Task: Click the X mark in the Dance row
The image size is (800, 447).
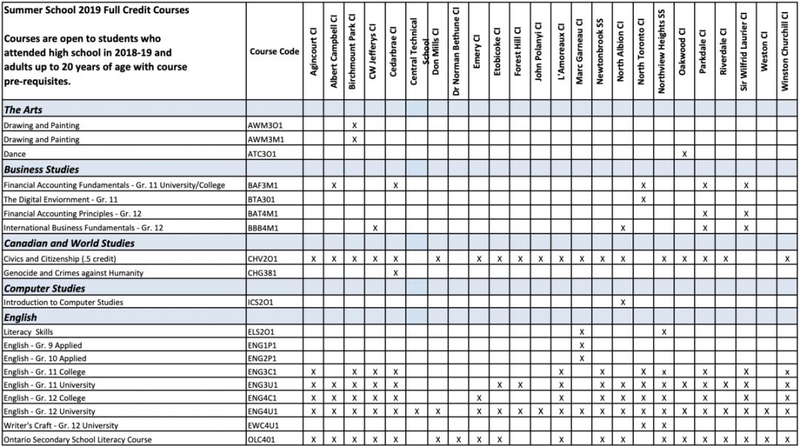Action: pyautogui.click(x=684, y=153)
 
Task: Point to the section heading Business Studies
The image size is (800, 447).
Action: pyautogui.click(x=41, y=169)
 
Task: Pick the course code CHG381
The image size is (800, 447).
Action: pyautogui.click(x=264, y=273)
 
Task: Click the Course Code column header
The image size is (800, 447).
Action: pyautogui.click(x=274, y=52)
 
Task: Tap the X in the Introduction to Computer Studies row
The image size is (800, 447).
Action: pyautogui.click(x=623, y=302)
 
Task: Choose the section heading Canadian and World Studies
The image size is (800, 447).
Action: pyautogui.click(x=70, y=243)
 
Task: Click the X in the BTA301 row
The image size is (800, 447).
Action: pyautogui.click(x=643, y=199)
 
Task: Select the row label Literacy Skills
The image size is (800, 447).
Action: pyautogui.click(x=28, y=331)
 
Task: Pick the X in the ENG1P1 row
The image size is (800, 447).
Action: pyautogui.click(x=581, y=345)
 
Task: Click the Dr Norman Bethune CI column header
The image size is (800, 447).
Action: pyautogui.click(x=457, y=52)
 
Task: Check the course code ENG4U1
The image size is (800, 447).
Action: pyautogui.click(x=266, y=411)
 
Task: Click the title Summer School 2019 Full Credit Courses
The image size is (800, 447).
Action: pyautogui.click(x=96, y=10)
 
